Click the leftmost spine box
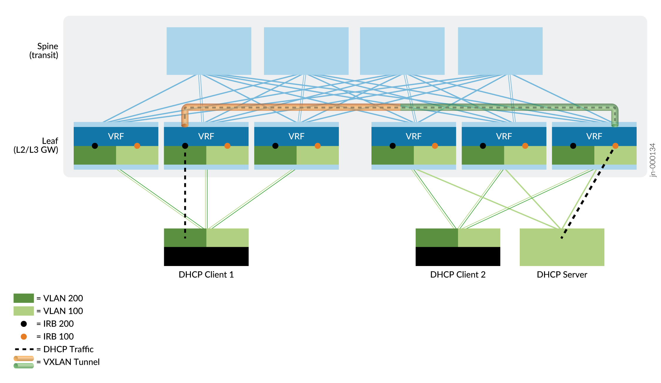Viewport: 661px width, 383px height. [209, 51]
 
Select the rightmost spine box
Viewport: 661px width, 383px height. [500, 51]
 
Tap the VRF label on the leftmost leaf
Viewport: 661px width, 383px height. [116, 136]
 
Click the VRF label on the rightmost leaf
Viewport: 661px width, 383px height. [594, 136]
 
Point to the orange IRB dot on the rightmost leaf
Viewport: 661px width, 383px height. [615, 146]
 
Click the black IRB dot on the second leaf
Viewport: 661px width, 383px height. [185, 146]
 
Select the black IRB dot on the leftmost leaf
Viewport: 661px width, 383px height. [95, 146]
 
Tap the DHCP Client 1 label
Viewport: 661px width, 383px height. [206, 275]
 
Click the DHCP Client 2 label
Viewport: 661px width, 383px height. [458, 275]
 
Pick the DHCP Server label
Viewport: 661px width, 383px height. [562, 275]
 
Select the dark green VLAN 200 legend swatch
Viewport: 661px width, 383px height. [24, 298]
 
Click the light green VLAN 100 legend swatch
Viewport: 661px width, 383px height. [24, 311]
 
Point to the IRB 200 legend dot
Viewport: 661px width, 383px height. [24, 324]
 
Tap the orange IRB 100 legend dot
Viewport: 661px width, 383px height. [24, 337]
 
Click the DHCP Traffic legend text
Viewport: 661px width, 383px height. [68, 349]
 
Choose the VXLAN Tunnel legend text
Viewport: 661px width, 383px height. [71, 362]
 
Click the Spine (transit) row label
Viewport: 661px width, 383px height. [44, 51]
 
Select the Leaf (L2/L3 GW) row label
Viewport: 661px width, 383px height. [36, 145]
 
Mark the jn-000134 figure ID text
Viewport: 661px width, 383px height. [652, 160]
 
